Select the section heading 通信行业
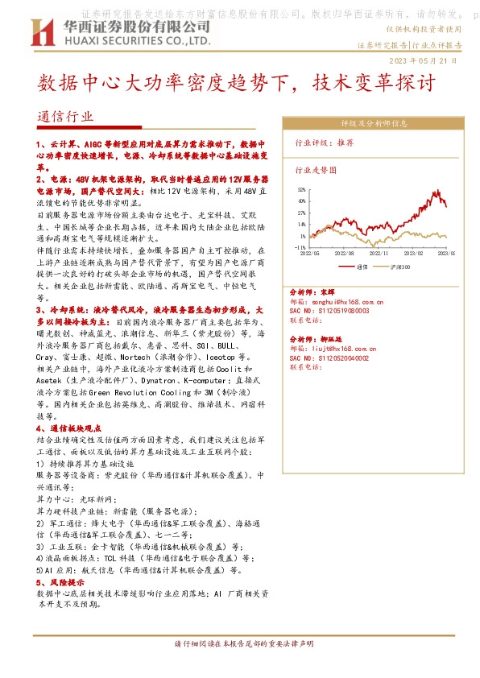(65, 117)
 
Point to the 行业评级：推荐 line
(325, 142)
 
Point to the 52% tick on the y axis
(302, 190)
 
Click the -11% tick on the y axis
(301, 248)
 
